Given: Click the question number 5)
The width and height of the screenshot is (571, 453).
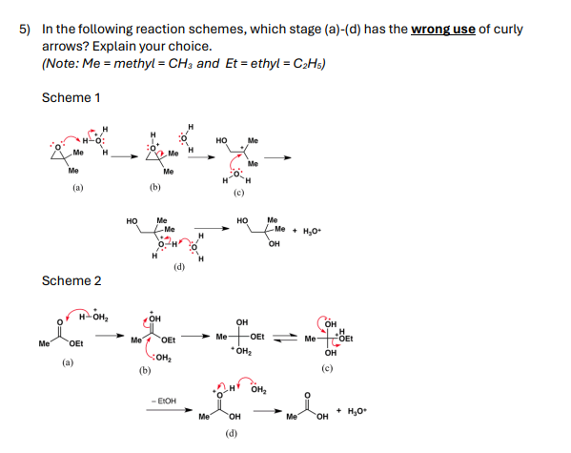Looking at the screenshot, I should pyautogui.click(x=28, y=29).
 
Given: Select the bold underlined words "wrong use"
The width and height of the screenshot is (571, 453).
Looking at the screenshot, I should pyautogui.click(x=443, y=29).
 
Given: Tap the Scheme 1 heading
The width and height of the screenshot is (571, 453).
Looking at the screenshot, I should pyautogui.click(x=72, y=97).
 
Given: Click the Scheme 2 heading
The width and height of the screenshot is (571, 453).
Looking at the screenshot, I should pyautogui.click(x=72, y=280).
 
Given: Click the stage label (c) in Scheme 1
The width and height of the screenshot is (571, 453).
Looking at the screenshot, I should pyautogui.click(x=238, y=195).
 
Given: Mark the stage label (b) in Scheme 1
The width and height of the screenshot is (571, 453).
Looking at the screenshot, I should pyautogui.click(x=155, y=188).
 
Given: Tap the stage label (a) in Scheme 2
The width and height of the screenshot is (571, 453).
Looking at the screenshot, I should pyautogui.click(x=67, y=362).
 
